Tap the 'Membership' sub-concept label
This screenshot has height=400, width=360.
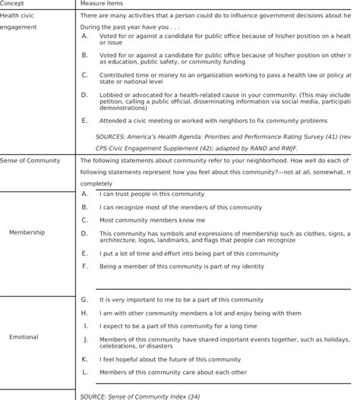click(x=27, y=232)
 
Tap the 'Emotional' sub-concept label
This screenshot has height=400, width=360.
click(x=24, y=336)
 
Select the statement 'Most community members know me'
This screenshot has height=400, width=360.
click(x=143, y=219)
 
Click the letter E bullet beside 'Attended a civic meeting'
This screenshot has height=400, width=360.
click(x=84, y=120)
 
